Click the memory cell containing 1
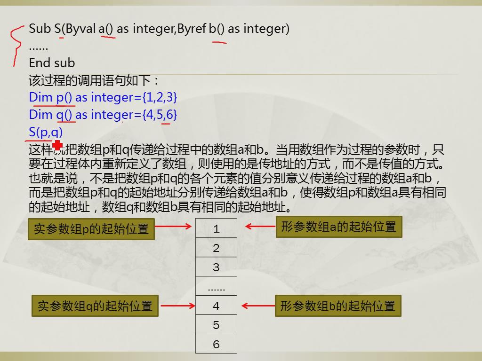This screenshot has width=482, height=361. point(216,228)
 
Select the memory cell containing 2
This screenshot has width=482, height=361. point(216,247)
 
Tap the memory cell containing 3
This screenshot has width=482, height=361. point(216,267)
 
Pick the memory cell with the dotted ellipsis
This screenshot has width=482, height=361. point(216,286)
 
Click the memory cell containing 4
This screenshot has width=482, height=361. point(216,305)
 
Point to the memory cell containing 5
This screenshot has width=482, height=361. point(216,324)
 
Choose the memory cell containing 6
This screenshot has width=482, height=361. point(216,344)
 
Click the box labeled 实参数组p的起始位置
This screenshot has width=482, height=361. point(91,229)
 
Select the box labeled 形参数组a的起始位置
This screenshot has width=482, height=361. point(339,227)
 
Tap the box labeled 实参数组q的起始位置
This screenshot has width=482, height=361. point(95,306)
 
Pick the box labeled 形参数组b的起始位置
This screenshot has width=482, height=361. point(338,306)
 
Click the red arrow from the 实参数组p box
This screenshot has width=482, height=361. point(173,227)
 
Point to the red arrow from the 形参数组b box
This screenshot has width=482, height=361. point(258,306)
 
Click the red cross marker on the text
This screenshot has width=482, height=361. point(57,145)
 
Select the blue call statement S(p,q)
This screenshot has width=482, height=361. point(46,132)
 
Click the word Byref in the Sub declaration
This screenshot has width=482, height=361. point(192,29)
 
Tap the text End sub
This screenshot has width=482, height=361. point(52,63)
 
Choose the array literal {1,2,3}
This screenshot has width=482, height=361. point(160,97)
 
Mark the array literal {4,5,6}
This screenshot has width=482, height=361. point(160,115)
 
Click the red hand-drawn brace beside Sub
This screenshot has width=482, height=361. point(16,46)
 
